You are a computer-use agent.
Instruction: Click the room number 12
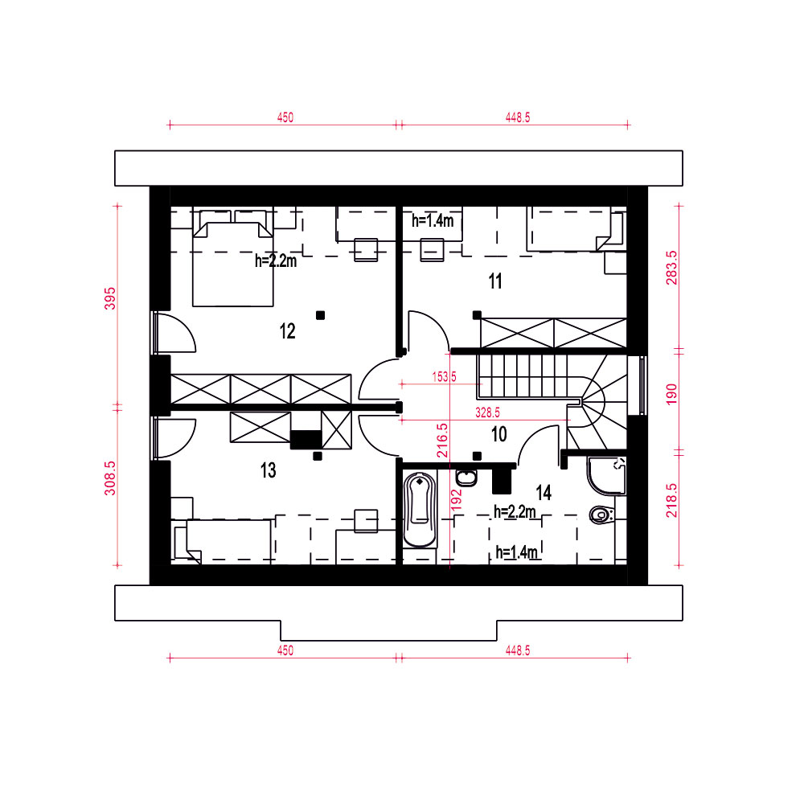tap(288, 331)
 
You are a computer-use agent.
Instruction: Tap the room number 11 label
tap(495, 281)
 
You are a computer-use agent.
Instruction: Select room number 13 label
tap(269, 470)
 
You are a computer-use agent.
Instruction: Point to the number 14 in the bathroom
tap(544, 493)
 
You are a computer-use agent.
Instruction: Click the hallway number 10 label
tap(499, 434)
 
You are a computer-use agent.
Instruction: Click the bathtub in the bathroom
tap(420, 510)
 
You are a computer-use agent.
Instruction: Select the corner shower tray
tap(606, 476)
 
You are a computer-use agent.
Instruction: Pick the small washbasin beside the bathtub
tap(466, 478)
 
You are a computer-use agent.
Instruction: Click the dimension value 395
tap(110, 298)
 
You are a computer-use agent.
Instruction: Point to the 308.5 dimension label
tap(110, 478)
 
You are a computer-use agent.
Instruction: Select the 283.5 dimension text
tap(671, 268)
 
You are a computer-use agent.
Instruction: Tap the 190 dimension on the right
tap(671, 394)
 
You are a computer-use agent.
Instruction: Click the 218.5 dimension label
tap(671, 500)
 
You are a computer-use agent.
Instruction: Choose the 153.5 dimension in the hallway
tap(444, 377)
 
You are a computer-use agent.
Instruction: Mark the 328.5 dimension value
tap(488, 412)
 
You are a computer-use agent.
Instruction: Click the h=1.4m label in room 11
tap(433, 220)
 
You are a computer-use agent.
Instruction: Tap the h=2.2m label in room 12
tap(276, 260)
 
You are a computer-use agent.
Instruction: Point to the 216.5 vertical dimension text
tap(442, 440)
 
